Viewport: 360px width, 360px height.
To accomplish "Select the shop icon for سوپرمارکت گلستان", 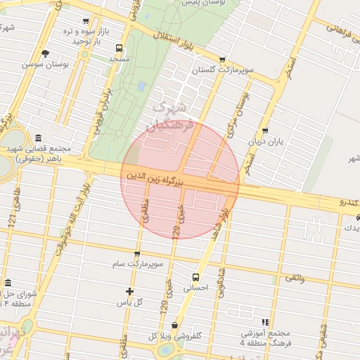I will point(223,60).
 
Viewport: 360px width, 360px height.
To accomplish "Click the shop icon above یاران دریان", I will point(264,130).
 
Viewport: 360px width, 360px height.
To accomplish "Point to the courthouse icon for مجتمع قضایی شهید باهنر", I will point(37,137).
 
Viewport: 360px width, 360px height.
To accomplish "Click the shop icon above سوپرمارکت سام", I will point(136,253).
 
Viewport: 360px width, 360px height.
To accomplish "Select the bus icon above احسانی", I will point(195,276).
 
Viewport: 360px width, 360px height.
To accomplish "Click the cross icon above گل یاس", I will point(129,291).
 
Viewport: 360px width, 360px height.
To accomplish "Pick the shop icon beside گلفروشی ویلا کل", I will point(174,325).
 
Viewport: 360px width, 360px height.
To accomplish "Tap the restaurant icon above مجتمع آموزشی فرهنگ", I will point(265,321).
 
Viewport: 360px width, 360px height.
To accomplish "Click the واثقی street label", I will point(295,278).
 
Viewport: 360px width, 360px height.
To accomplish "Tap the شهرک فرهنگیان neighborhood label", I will point(169,116).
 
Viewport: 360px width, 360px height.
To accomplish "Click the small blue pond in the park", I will point(141,85).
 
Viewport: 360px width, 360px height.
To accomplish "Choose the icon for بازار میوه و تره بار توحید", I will point(86,22).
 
